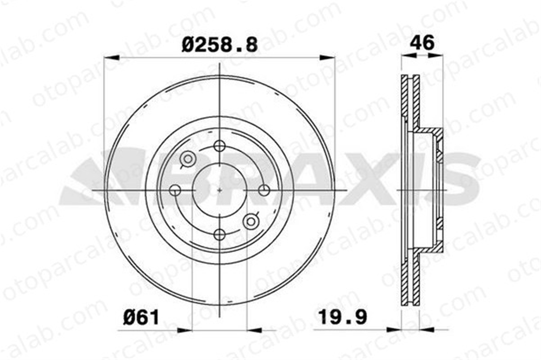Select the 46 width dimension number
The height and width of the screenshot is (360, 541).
tap(422, 43)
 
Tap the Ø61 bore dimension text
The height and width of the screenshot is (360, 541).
tap(141, 317)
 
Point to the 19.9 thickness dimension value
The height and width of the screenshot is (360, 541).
tap(342, 317)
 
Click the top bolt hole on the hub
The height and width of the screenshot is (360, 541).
tap(220, 146)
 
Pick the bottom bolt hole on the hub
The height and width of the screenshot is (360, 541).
tap(220, 235)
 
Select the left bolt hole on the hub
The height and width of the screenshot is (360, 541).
tap(176, 190)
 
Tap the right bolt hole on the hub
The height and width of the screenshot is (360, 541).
tap(264, 190)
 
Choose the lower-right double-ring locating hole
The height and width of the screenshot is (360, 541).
tap(251, 222)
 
